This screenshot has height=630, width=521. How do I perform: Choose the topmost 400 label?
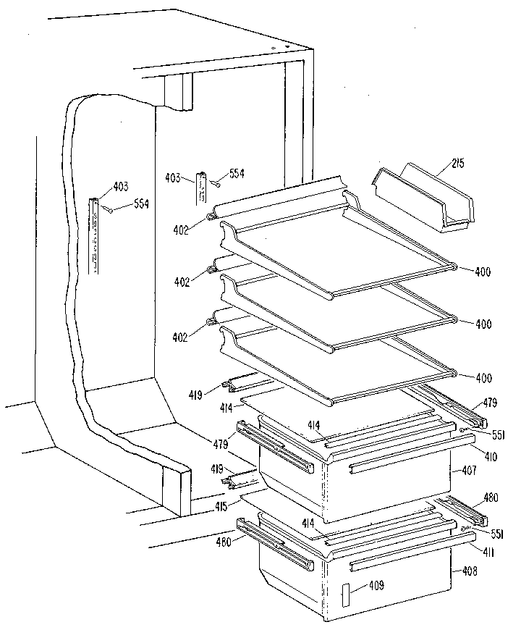[483, 272]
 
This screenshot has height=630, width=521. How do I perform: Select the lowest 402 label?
[180, 337]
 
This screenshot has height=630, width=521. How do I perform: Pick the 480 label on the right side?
[491, 497]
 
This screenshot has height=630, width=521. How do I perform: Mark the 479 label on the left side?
[221, 443]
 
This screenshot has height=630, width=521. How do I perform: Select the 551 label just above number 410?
[499, 435]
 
